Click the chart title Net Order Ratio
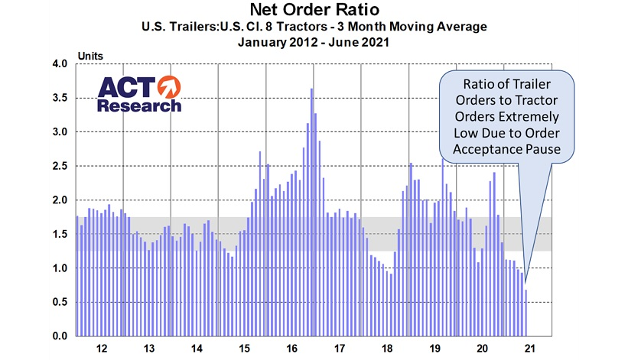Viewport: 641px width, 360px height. point(320,10)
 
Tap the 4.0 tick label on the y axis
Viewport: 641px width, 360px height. point(60,64)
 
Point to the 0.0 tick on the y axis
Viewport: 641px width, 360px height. point(60,336)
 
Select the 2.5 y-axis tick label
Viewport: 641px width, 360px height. point(60,166)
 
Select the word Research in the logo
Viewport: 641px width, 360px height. point(139,105)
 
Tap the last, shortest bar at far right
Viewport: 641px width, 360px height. point(526,313)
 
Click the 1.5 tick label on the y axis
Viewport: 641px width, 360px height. point(60,234)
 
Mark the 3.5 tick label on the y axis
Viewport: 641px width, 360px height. point(60,98)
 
